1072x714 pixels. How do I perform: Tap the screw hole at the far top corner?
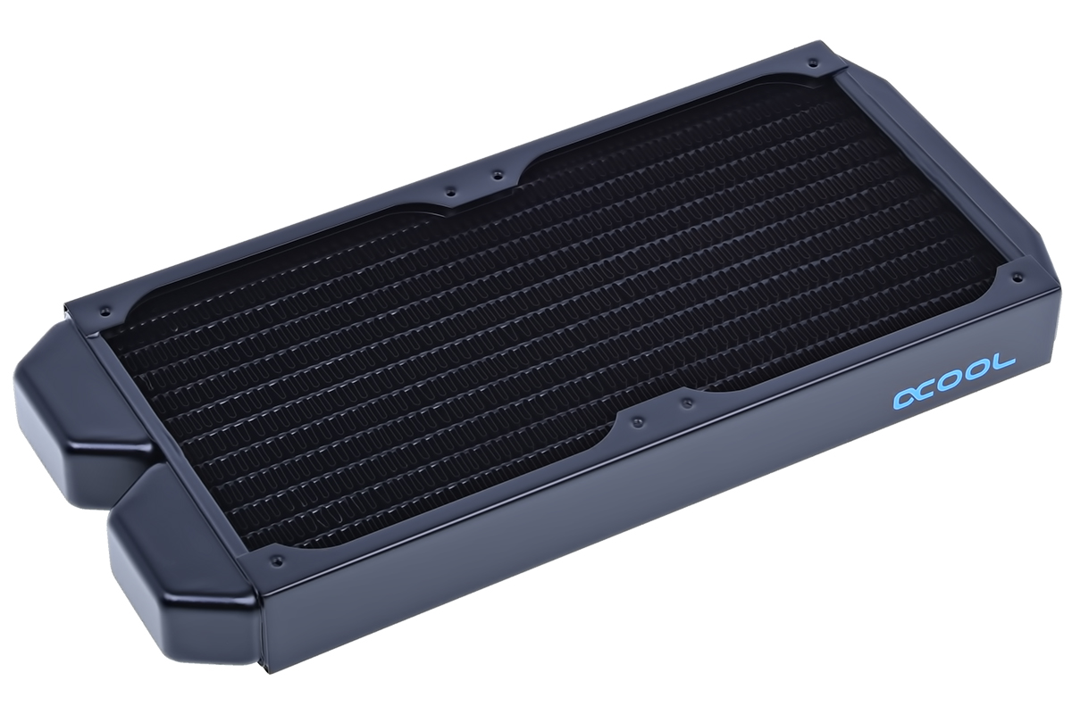click(812, 62)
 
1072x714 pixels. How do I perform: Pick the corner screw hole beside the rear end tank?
click(105, 311)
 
